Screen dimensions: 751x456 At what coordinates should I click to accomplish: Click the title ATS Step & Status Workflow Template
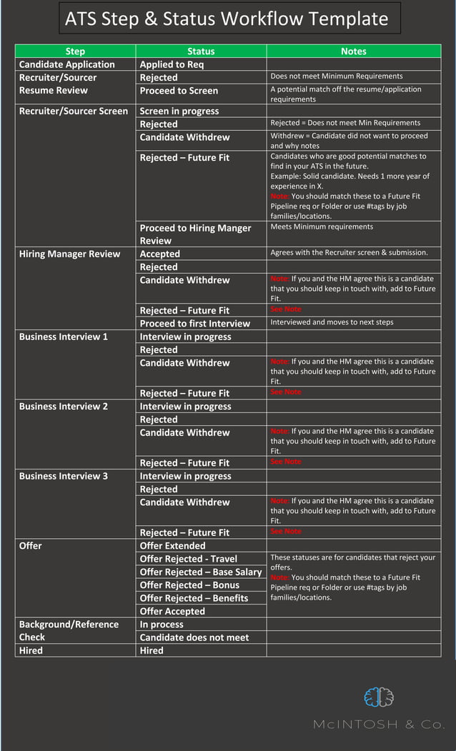(x=227, y=19)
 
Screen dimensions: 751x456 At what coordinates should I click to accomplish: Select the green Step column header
(x=75, y=51)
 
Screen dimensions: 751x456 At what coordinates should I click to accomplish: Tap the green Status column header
(x=201, y=51)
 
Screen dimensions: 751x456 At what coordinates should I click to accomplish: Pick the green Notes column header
(x=353, y=51)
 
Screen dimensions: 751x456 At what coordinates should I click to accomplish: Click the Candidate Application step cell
(x=66, y=64)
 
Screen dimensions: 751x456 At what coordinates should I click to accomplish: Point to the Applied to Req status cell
(x=172, y=64)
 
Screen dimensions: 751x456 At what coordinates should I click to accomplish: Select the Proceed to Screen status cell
(x=179, y=91)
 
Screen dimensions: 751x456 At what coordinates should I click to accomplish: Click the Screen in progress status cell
(x=179, y=111)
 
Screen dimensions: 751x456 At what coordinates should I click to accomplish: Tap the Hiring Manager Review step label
(x=69, y=254)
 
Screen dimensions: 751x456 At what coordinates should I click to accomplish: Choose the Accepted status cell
(x=160, y=254)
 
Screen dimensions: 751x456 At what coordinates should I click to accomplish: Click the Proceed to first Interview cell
(x=195, y=323)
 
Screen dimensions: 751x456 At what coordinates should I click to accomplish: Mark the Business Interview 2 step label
(x=64, y=406)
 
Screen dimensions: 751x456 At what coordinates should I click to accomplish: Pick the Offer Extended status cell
(x=172, y=545)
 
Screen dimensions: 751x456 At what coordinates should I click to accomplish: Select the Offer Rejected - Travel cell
(x=189, y=559)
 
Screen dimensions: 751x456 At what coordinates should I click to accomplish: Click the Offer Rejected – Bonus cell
(x=189, y=585)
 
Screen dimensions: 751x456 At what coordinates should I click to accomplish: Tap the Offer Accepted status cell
(x=172, y=611)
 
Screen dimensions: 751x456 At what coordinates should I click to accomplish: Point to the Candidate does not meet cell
(x=194, y=637)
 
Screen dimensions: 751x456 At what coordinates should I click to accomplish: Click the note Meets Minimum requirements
(x=322, y=227)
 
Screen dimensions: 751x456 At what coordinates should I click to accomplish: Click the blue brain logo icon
(x=378, y=697)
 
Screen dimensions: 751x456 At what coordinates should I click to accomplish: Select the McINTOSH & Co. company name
(x=379, y=725)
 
